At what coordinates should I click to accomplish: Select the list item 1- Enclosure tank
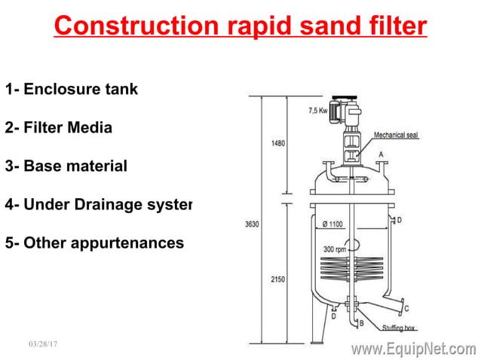(72, 89)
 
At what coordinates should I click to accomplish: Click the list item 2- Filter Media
(59, 127)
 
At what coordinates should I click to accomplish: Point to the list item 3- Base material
(66, 166)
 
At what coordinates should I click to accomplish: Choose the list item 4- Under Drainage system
(99, 204)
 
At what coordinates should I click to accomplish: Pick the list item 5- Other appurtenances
(94, 243)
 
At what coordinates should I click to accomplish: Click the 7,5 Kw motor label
(319, 111)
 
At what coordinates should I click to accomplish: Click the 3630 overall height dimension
(253, 224)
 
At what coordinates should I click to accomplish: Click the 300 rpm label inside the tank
(335, 249)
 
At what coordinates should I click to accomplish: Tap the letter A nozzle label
(381, 154)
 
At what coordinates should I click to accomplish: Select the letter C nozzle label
(407, 309)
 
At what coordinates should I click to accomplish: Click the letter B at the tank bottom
(361, 323)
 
